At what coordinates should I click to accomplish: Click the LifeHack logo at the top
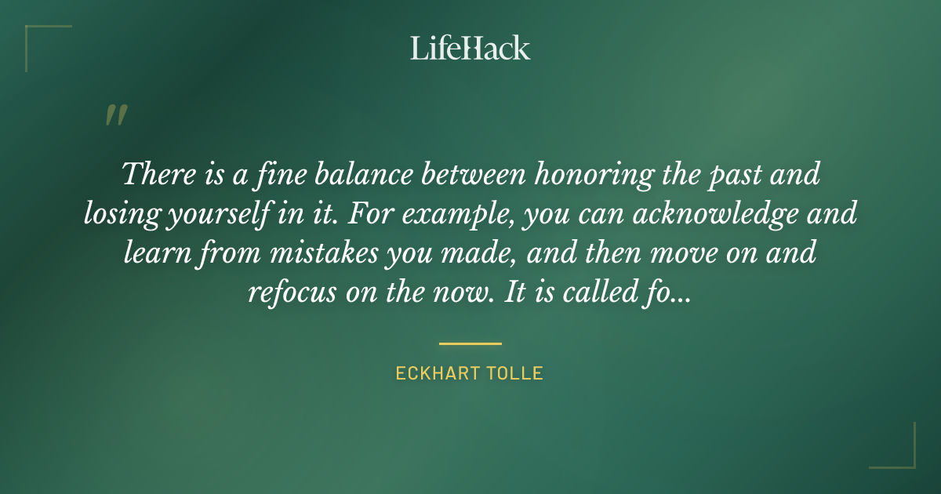(470, 48)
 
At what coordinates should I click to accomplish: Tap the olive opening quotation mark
(115, 116)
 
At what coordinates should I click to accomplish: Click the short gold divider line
(470, 343)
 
